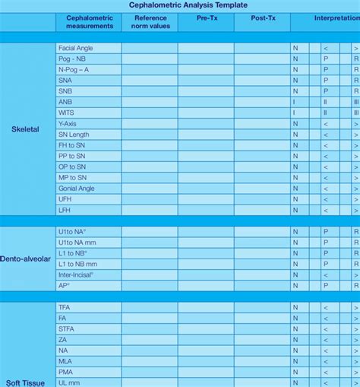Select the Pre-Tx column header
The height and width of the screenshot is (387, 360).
[206, 17]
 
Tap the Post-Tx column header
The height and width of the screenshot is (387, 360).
[261, 17]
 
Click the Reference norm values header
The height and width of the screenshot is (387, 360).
[150, 21]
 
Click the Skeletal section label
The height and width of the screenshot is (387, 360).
[25, 128]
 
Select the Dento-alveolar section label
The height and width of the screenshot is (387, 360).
[27, 259]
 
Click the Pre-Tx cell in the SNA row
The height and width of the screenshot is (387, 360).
[206, 80]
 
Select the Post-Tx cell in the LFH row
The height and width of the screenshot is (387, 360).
[261, 209]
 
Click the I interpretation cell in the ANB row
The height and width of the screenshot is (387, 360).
[295, 102]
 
